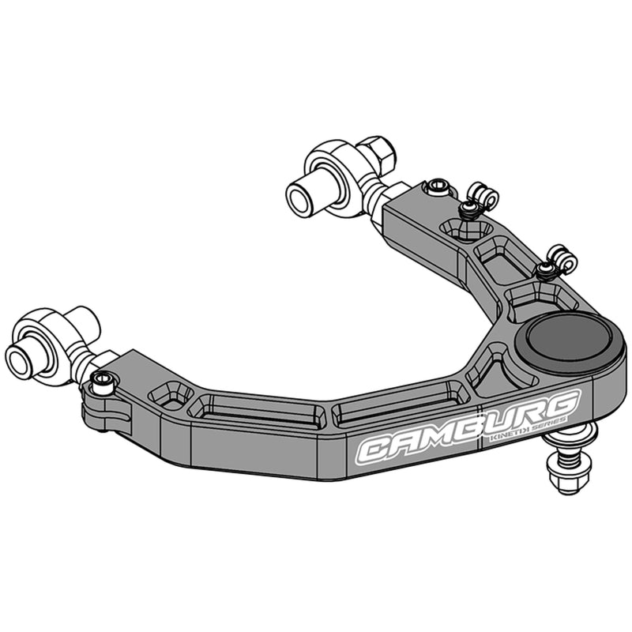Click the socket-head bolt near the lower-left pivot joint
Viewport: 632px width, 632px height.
point(102,382)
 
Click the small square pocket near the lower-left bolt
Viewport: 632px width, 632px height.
point(172,393)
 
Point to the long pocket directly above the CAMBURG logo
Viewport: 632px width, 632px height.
point(392,413)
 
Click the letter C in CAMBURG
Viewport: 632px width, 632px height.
point(376,450)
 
